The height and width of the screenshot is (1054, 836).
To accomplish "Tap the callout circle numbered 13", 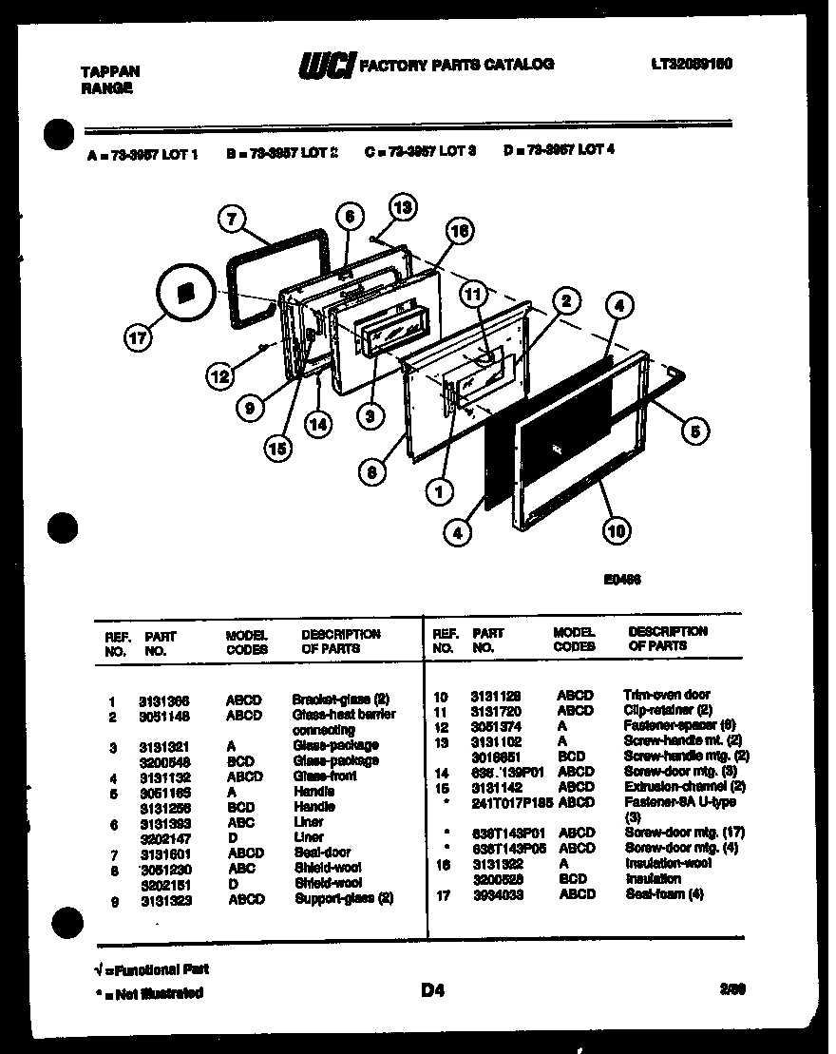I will coord(403,206).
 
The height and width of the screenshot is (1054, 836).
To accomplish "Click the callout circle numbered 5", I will coord(694,431).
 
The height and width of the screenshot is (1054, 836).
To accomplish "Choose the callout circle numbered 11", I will coord(472,295).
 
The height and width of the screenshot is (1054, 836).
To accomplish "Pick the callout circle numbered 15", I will coord(278,450).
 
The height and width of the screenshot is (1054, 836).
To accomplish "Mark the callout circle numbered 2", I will coord(565,301).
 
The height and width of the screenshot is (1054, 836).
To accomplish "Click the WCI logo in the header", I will coord(328,66).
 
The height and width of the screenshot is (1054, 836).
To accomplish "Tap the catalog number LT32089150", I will coord(691,64).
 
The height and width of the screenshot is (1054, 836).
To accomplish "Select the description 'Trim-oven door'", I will coord(666,695).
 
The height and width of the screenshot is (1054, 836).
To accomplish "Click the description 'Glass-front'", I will coord(325,776).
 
